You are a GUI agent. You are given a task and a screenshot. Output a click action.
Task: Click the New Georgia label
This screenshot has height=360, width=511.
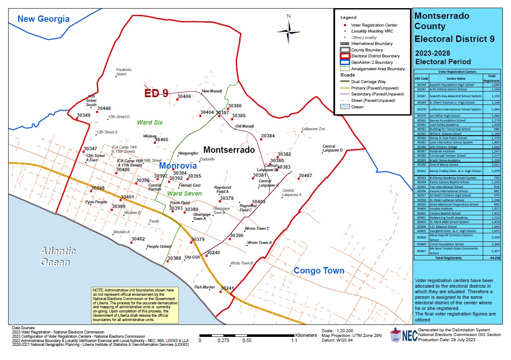pos(43,19)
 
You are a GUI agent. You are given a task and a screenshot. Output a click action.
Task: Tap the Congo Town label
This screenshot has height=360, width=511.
pos(319,271)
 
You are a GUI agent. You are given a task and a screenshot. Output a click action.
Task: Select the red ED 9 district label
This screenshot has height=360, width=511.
pos(156,94)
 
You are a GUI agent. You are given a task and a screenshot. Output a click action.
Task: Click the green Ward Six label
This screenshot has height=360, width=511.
pos(150,122)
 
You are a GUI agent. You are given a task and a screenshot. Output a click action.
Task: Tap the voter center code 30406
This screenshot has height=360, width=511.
pos(184,97)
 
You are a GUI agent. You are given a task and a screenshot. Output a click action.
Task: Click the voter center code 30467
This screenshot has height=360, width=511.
pos(305,176)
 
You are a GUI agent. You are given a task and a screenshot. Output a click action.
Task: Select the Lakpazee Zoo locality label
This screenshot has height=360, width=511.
pos(313,128)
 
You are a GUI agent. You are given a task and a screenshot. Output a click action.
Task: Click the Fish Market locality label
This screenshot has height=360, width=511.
pos(204,287)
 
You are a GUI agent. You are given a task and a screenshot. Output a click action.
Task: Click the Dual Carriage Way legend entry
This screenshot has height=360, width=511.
pos(368,81)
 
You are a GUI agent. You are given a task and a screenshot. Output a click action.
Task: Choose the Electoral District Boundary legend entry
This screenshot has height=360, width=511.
pos(375,56)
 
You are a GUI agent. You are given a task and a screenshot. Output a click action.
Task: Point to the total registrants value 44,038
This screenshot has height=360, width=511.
pos(495,258)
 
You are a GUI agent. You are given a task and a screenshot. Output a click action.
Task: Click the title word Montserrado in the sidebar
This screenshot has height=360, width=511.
pos(442,16)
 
